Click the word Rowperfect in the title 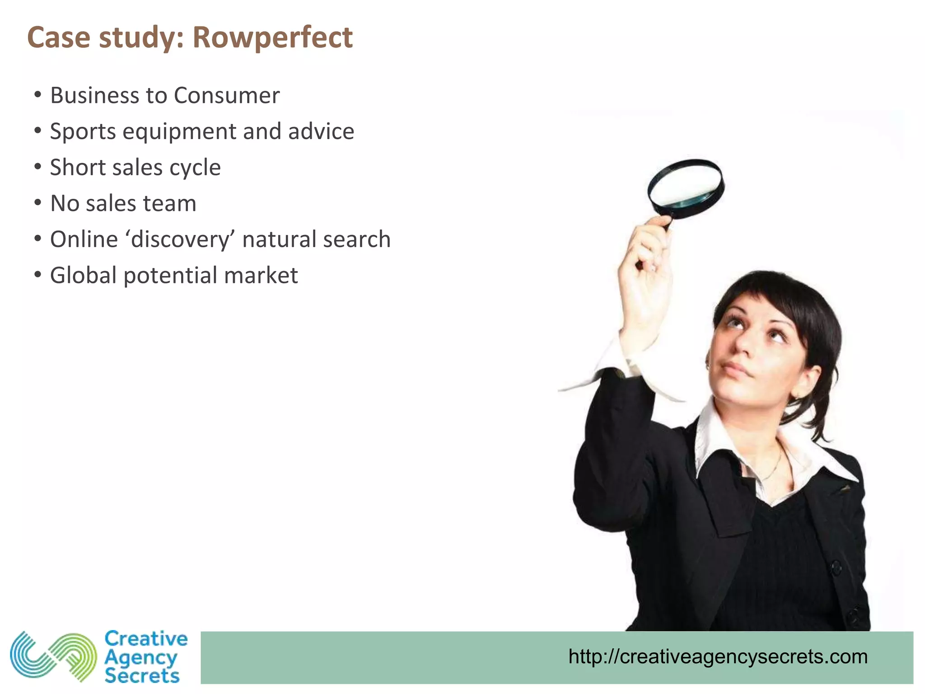(272, 37)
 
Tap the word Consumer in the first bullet (226, 95)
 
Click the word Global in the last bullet (84, 275)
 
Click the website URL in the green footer (718, 656)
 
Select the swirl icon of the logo (53, 656)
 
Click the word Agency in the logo (140, 658)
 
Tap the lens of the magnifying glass (685, 184)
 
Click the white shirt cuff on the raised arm (632, 361)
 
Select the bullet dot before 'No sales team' (38, 203)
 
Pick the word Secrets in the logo (142, 676)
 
